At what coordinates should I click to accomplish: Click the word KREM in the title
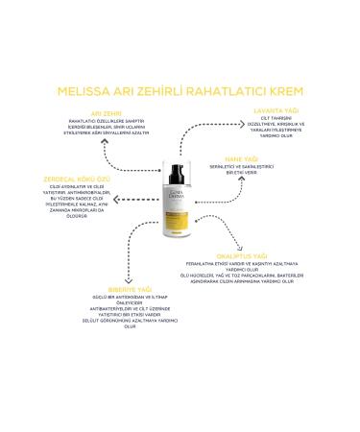pyautogui.click(x=282, y=92)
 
